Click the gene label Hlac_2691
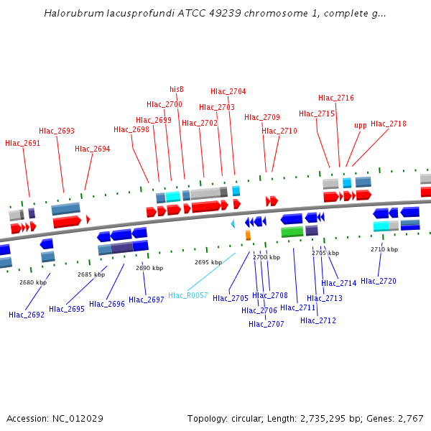[23, 143]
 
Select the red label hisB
[177, 89]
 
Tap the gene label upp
[360, 125]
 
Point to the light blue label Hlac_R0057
[188, 295]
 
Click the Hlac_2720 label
[379, 281]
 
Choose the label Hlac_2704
[228, 91]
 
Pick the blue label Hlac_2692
[27, 315]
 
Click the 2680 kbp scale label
[33, 282]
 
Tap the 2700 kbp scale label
[266, 257]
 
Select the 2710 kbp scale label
[384, 249]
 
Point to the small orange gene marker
[248, 235]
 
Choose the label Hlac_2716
[336, 98]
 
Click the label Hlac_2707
[267, 324]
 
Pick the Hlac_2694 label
[93, 149]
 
